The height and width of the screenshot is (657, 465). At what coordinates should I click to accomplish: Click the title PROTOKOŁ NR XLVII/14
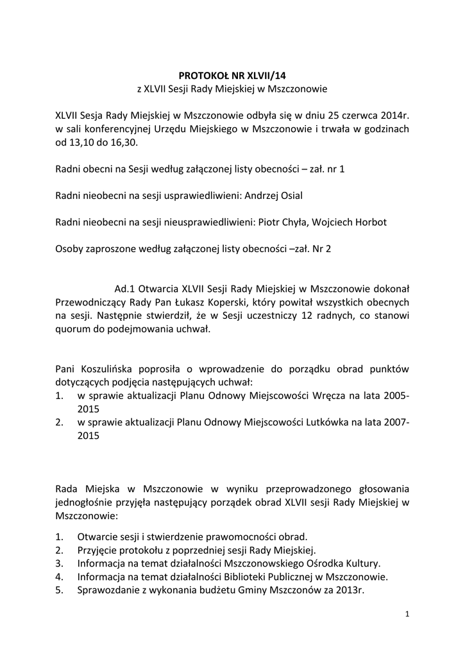(233, 75)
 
